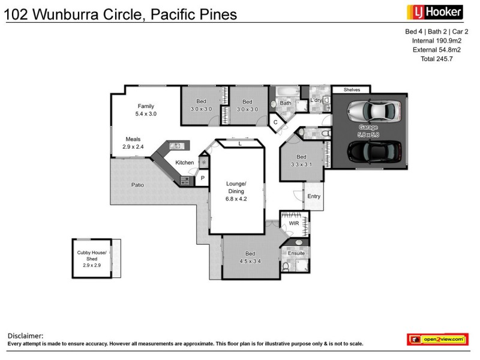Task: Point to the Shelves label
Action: [x=352, y=90]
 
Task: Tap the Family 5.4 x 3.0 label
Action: [x=146, y=109]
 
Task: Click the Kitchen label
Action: [x=184, y=163]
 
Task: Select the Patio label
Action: [x=137, y=185]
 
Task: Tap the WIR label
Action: [x=293, y=223]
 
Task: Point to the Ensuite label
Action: [x=296, y=254]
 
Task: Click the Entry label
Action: [x=313, y=196]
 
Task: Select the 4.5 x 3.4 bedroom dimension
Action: [x=250, y=260]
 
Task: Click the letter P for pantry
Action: [x=202, y=178]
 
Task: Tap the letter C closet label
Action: [x=275, y=122]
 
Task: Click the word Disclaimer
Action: [x=25, y=336]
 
